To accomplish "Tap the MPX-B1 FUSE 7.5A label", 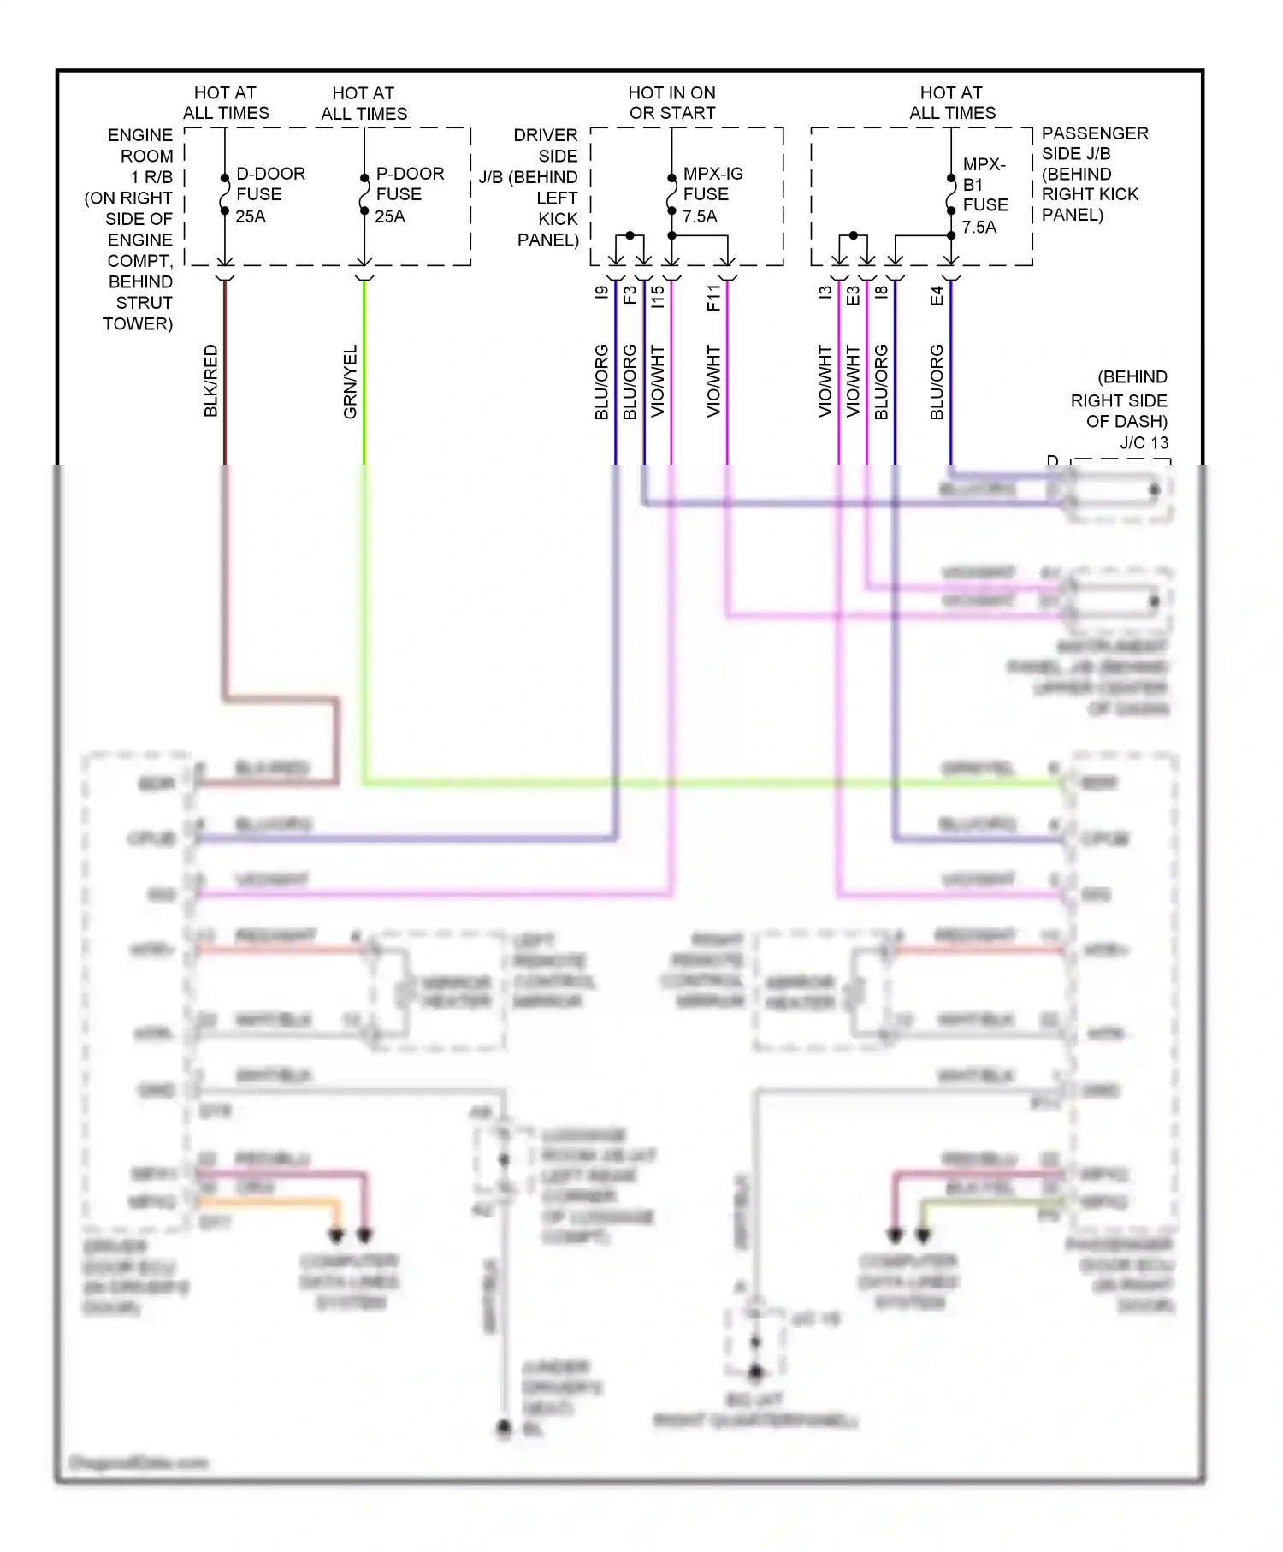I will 984,195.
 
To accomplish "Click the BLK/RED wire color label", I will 211,381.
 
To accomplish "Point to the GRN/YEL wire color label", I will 350,382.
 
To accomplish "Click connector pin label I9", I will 602,293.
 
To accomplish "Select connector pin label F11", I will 714,297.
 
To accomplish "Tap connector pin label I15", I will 657,296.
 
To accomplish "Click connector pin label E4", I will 937,296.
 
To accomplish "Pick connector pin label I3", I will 825,293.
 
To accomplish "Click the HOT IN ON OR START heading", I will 671,103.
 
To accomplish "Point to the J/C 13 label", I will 1144,442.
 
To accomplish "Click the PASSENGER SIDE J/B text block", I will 1093,174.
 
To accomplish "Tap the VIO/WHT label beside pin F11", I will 714,381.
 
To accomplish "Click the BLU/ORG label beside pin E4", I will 937,382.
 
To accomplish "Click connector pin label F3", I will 630,295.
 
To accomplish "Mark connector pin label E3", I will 853,295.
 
